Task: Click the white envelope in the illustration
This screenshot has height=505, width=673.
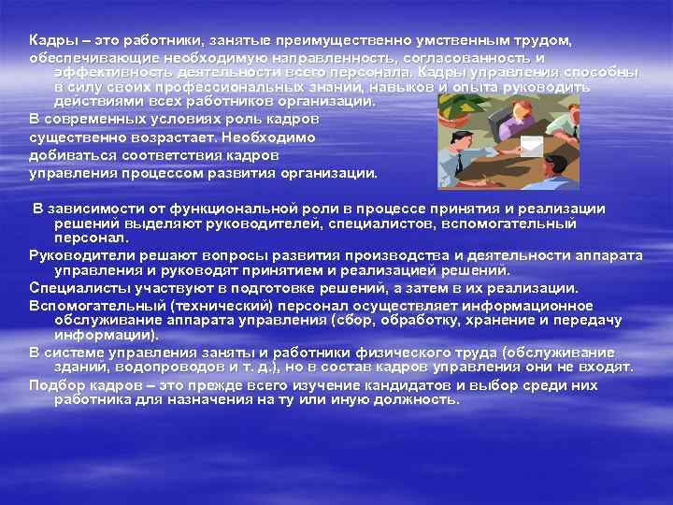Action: (x=535, y=147)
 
